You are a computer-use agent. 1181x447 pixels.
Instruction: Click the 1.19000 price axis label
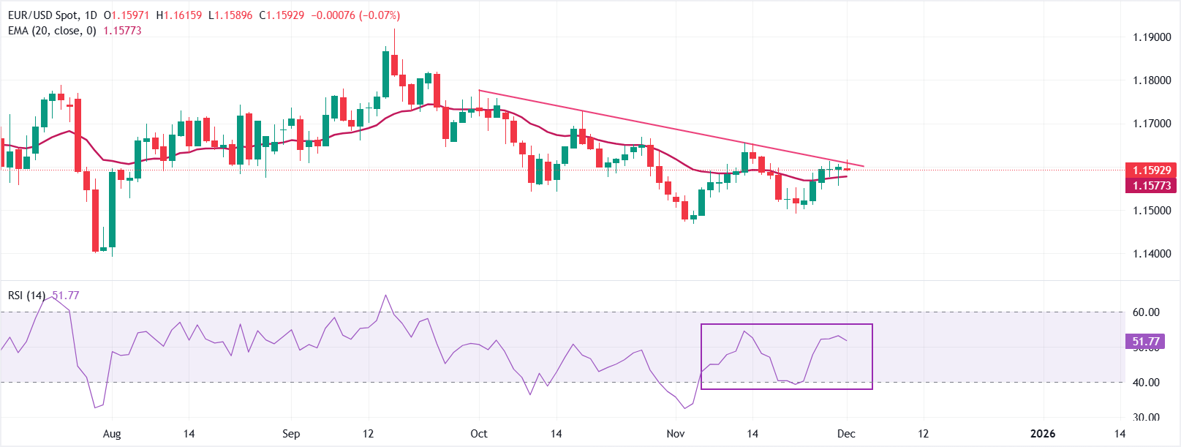1151,37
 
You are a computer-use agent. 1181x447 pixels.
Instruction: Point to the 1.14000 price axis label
1151,254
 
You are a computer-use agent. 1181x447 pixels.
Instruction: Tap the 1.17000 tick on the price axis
1151,124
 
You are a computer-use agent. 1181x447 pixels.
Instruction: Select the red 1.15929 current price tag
1151,170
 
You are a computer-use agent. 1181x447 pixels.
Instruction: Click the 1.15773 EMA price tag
1151,186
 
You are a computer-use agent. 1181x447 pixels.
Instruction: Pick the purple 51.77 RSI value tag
1145,342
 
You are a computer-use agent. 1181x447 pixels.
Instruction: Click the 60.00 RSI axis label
1146,312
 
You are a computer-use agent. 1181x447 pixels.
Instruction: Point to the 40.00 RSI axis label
1146,383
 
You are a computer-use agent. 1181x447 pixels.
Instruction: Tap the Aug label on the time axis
112,434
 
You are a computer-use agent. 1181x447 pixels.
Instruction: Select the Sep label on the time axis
291,434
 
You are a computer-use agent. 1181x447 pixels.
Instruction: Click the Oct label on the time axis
479,434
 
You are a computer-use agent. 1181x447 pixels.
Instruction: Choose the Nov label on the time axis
676,434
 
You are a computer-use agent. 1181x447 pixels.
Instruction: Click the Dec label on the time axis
846,434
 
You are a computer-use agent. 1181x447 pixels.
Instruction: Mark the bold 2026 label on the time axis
1043,434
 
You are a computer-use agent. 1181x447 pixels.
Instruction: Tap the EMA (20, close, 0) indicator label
52,31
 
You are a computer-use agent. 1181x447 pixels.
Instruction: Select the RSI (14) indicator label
26,296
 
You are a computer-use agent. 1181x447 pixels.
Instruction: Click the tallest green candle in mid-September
385,73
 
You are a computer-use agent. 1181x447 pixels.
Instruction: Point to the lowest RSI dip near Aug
95,407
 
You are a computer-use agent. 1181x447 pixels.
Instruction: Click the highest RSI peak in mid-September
386,296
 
